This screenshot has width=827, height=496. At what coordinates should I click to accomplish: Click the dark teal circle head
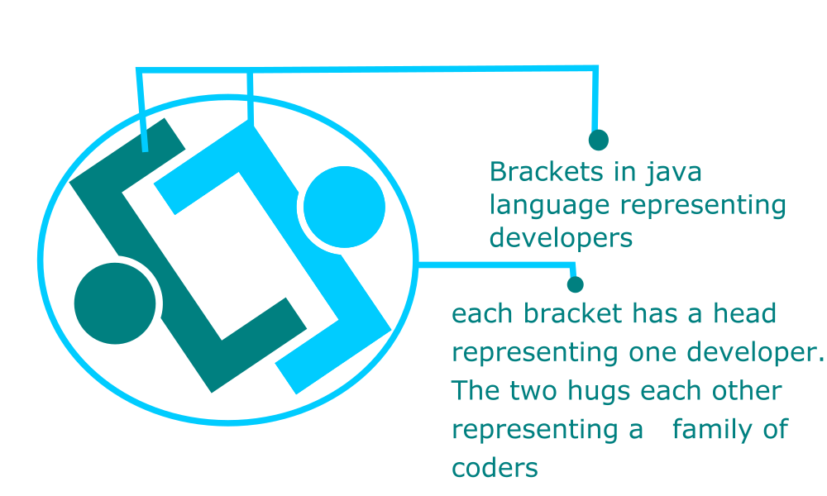coord(115,303)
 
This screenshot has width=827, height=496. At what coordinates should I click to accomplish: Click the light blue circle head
coord(344,207)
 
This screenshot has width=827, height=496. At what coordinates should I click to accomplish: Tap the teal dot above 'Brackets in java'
coord(599,141)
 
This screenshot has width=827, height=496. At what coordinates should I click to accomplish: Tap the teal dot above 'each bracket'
coord(576,284)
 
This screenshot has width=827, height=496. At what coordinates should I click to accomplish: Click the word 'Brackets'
coord(547,172)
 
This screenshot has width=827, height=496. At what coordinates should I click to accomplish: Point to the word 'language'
coord(549,206)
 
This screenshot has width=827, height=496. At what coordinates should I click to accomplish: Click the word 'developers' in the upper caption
coord(562,238)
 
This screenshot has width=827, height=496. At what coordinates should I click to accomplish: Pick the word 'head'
coord(745,313)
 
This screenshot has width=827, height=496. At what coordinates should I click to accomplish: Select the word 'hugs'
coord(599,392)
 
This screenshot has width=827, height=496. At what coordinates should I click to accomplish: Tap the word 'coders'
coord(495,468)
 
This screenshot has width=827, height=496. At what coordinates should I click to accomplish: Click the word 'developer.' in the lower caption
coord(755,353)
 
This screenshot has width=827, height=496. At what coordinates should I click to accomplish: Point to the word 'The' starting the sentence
coord(475,390)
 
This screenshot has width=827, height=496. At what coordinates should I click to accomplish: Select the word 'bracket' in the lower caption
coord(572,313)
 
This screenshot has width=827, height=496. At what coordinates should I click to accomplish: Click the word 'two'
coord(533,392)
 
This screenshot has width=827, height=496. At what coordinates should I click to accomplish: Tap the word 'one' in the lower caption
coord(652,354)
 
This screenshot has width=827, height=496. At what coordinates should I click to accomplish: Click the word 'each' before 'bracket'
coord(482,313)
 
